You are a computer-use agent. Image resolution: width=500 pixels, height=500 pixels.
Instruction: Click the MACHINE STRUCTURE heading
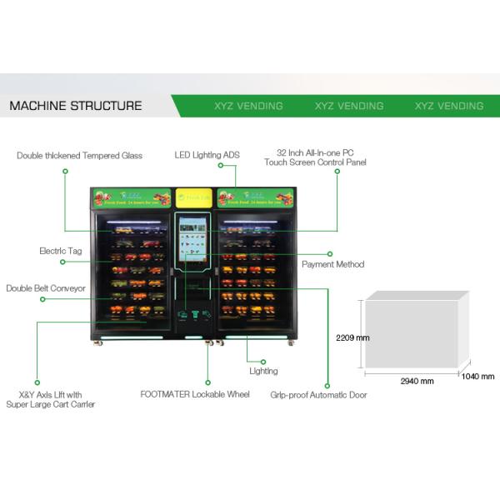[x=75, y=106]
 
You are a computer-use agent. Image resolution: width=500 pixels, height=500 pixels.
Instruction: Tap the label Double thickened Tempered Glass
[x=80, y=155]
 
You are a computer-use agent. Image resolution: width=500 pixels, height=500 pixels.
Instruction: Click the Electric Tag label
[x=59, y=250]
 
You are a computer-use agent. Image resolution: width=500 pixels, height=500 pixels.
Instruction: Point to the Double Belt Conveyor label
[x=46, y=288]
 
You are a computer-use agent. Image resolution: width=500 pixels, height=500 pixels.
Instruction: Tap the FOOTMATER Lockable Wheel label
[x=195, y=394]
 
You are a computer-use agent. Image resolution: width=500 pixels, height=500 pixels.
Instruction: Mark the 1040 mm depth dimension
[x=478, y=377]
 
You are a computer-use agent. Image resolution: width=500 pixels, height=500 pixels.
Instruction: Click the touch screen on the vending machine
[x=195, y=237]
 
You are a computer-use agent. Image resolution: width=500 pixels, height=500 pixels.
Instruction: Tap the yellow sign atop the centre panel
[x=195, y=198]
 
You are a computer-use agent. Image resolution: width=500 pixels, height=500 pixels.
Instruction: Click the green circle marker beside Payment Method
[x=330, y=253]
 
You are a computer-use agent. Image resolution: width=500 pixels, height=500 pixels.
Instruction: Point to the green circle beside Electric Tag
[x=62, y=262]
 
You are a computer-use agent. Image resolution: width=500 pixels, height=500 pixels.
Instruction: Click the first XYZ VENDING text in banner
[x=248, y=106]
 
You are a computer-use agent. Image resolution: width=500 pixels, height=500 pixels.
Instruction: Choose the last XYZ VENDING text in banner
[x=449, y=106]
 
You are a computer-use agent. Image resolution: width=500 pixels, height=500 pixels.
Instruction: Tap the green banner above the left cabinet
[x=131, y=198]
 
